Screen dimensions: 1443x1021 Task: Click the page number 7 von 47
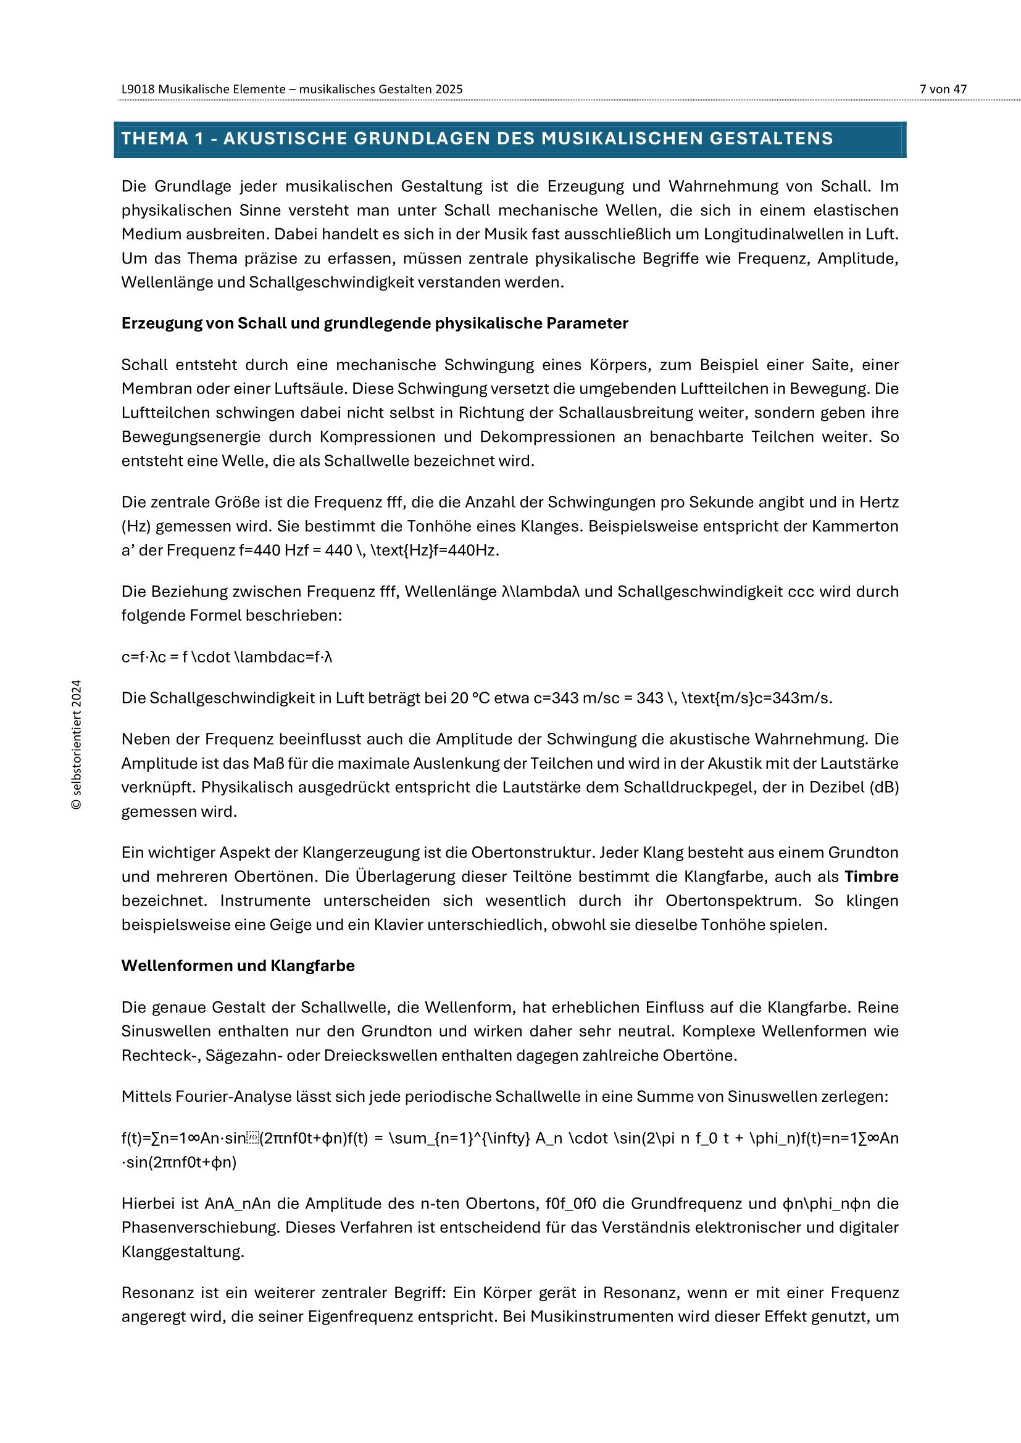point(943,89)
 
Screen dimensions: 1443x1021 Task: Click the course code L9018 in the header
point(138,89)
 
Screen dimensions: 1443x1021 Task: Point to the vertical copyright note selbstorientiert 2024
point(76,744)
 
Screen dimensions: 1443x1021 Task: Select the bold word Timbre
point(871,877)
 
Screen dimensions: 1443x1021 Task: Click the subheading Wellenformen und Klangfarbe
point(238,965)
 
